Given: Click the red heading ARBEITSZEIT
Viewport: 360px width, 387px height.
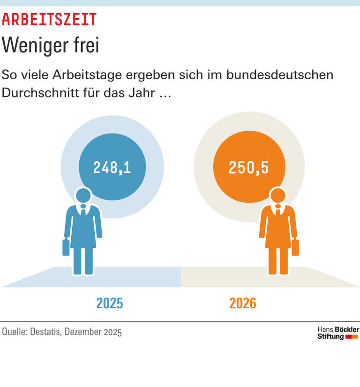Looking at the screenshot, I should click(49, 20).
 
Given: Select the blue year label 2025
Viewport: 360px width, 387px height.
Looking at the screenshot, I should click(110, 304).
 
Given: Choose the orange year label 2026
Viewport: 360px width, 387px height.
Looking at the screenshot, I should click(243, 304).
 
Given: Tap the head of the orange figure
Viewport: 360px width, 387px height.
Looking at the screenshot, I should click(278, 196).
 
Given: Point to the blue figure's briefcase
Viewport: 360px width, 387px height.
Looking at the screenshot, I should click(66, 247).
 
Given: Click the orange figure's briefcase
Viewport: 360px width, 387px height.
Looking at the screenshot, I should click(295, 247).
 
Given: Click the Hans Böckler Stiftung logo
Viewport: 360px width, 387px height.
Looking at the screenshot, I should click(338, 333).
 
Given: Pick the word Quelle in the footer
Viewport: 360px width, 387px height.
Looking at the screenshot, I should click(15, 332).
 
